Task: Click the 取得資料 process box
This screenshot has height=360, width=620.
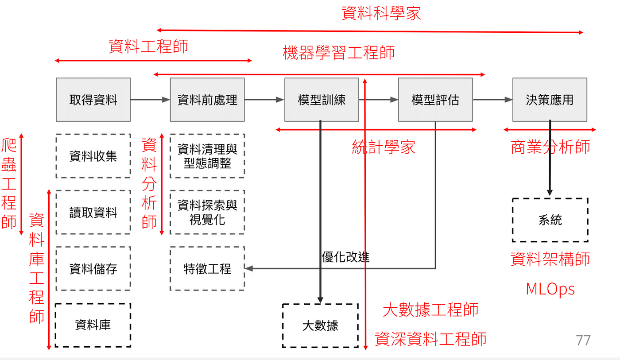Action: click(93, 100)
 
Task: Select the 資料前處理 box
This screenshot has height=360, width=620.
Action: click(207, 100)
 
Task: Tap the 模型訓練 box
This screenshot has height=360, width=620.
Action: click(322, 100)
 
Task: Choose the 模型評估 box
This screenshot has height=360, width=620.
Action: click(435, 100)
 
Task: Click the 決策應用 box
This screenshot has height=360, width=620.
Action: click(550, 100)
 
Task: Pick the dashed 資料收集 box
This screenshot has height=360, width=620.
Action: click(93, 156)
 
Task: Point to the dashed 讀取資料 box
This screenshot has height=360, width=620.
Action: click(93, 212)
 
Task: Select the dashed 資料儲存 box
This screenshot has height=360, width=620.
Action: click(93, 268)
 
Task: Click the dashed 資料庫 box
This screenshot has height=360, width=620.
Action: click(93, 325)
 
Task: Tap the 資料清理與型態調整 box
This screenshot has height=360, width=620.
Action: click(207, 156)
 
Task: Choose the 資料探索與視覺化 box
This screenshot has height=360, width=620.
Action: click(207, 212)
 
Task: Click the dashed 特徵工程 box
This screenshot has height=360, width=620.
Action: click(207, 268)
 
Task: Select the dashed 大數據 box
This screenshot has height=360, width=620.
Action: click(320, 325)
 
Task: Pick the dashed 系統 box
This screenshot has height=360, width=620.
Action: click(550, 220)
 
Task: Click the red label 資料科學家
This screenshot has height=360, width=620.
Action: click(381, 13)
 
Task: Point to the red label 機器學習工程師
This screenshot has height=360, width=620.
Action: click(339, 53)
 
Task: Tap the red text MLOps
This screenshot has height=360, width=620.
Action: click(550, 289)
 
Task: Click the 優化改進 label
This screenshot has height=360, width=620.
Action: click(345, 257)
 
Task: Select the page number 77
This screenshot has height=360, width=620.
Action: click(583, 340)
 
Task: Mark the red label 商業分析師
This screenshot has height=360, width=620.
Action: click(550, 147)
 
